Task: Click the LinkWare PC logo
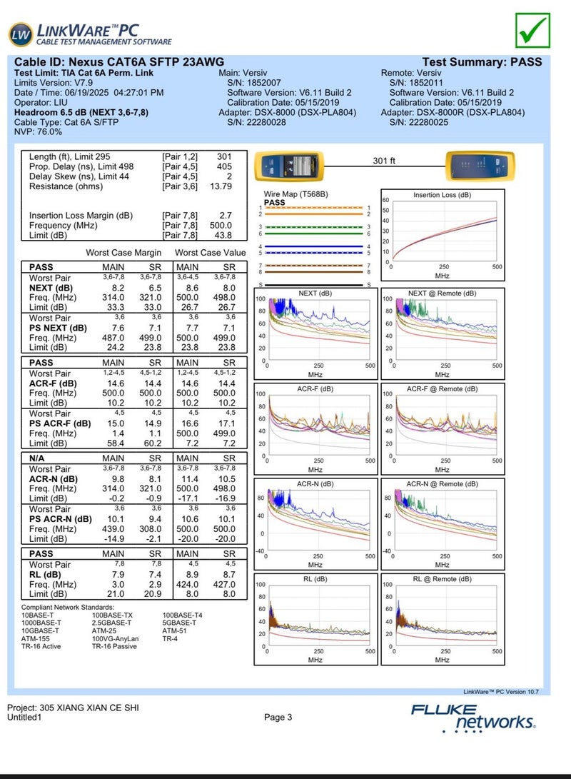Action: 90,34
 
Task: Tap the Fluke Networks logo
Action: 473,717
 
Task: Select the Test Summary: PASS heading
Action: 482,62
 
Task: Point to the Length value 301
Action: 224,156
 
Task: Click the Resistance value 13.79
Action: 219,186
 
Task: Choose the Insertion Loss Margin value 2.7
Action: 225,215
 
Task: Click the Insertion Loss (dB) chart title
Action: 442,195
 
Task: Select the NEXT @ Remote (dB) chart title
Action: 442,293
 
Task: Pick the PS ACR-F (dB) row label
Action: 60,423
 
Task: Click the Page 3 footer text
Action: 278,717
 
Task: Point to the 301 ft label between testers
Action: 384,161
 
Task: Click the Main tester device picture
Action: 290,166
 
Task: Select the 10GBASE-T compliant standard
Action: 41,630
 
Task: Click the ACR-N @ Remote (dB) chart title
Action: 442,484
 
